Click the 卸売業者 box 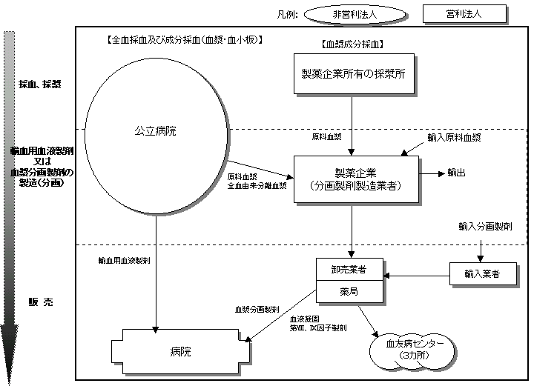click(350, 270)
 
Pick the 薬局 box click(350, 293)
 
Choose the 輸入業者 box click(481, 274)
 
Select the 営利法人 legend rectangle click(464, 15)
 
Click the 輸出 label click(457, 172)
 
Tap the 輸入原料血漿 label click(454, 139)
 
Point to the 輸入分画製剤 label click(486, 226)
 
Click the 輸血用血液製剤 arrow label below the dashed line click(125, 261)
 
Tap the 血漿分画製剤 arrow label click(256, 307)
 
